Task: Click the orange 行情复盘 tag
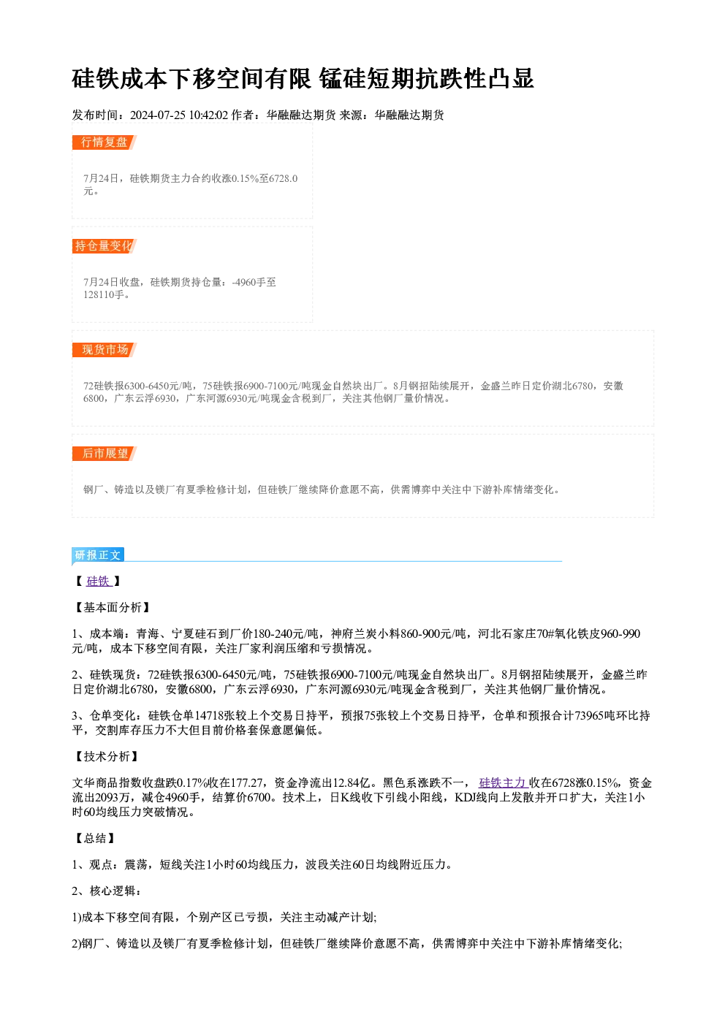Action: point(105,142)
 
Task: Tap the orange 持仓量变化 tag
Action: point(105,246)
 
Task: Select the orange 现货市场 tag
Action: point(105,350)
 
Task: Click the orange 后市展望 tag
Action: point(105,454)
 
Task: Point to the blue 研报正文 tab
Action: point(98,555)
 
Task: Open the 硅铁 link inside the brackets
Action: point(98,581)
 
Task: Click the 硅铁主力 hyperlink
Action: point(504,783)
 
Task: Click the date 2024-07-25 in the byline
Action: point(158,115)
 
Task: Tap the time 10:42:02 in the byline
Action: point(208,115)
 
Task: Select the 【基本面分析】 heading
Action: point(113,608)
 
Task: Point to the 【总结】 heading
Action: point(95,838)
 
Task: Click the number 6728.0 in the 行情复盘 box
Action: point(283,179)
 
